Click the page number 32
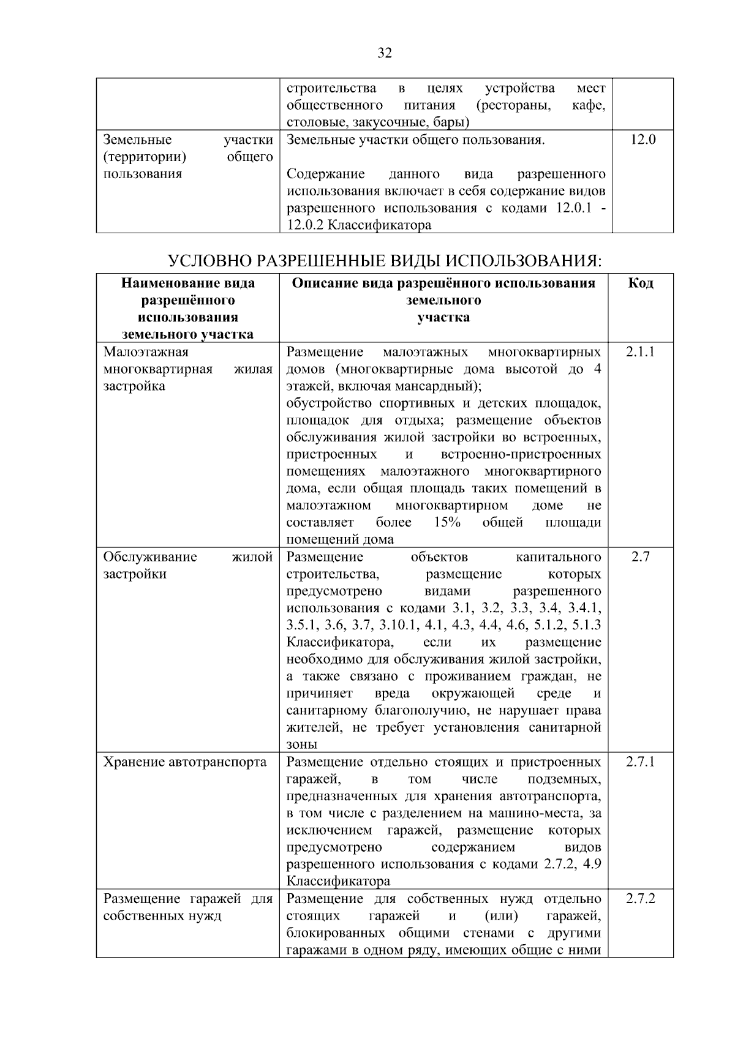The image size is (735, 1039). click(384, 53)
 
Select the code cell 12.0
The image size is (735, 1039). click(643, 140)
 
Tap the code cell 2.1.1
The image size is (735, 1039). click(640, 352)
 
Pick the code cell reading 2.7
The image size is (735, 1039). click(640, 557)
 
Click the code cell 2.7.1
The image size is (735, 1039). click(640, 762)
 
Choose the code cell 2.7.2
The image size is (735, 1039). click(640, 899)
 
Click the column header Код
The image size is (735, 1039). click(640, 283)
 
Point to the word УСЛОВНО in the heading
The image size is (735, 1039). click(209, 261)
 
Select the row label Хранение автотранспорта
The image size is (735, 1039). click(185, 762)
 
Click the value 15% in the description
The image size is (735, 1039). click(447, 523)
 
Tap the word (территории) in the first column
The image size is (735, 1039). click(145, 157)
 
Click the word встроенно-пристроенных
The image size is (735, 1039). click(521, 455)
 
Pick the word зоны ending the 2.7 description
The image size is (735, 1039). click(301, 745)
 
